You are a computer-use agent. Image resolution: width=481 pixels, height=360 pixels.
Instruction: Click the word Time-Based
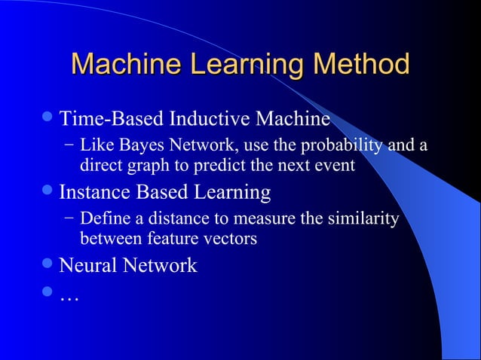tap(112, 119)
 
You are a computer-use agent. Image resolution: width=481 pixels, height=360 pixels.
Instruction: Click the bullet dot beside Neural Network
tap(49, 265)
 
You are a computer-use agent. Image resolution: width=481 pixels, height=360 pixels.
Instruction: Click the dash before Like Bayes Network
tap(69, 144)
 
